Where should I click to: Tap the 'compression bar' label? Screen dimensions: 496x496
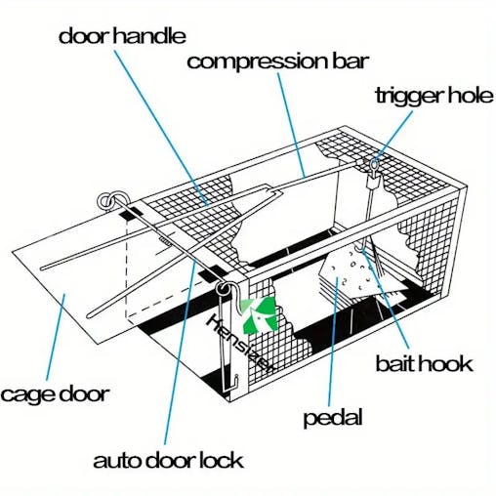[x=277, y=62]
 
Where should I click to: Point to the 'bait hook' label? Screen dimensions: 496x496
[x=424, y=364]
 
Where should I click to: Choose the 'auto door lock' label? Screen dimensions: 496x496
[x=169, y=459]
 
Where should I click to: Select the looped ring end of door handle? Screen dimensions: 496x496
[x=106, y=202]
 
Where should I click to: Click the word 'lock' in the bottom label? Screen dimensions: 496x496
[x=220, y=459]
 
